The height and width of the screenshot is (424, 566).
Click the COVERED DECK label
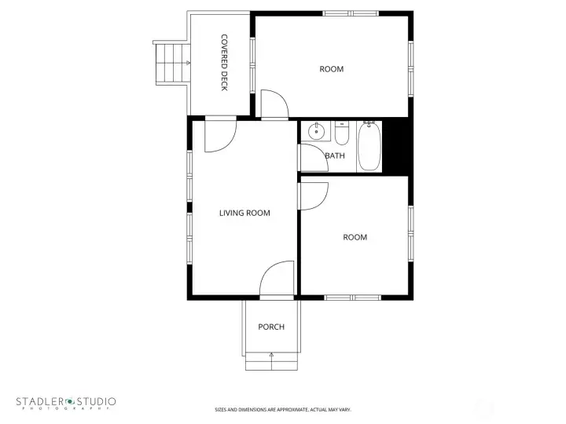pos(224,62)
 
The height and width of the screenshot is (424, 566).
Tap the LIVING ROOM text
pos(244,213)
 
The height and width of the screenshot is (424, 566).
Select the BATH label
pos(335,155)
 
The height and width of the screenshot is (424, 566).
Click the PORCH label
pos(271,327)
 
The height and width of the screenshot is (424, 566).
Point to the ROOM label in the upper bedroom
pos(332,69)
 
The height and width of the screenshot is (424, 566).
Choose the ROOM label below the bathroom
pos(355,237)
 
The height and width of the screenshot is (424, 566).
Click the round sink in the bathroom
pos(317,131)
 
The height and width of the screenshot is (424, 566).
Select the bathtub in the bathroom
pos(369,146)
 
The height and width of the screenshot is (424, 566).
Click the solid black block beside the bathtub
pos(398,146)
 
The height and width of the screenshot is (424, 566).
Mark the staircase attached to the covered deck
pos(172,63)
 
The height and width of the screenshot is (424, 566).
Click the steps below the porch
pos(271,361)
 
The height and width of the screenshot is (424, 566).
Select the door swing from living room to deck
pos(219,135)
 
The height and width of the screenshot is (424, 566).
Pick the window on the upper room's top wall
pos(346,13)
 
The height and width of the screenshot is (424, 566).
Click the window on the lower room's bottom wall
pos(352,297)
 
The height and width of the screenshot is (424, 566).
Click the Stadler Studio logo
pos(67,402)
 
